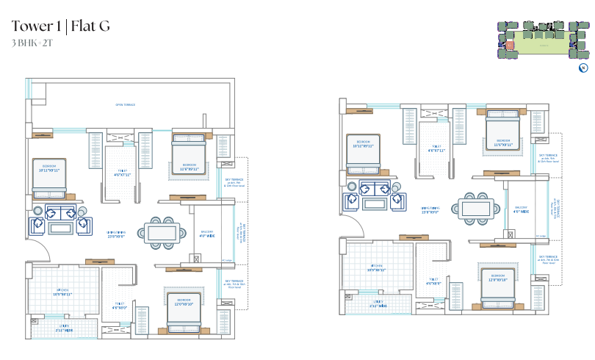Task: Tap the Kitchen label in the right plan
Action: click(x=376, y=269)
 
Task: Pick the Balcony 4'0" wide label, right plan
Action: click(x=521, y=209)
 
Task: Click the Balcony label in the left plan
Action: click(x=207, y=234)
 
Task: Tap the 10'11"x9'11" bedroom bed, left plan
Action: click(x=49, y=176)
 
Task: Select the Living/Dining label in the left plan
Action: click(x=116, y=233)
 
